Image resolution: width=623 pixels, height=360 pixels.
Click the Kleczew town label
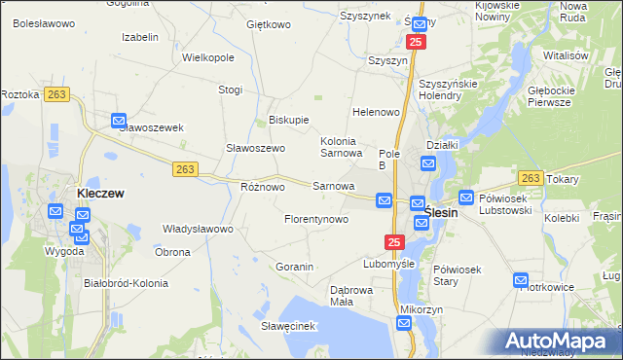[100, 194]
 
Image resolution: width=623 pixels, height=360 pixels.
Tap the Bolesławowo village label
[43, 22]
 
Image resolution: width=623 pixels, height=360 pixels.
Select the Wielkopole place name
[208, 57]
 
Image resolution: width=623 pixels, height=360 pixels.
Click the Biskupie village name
[288, 121]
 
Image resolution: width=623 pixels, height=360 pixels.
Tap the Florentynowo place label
[316, 220]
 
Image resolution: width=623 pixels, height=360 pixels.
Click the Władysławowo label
[198, 230]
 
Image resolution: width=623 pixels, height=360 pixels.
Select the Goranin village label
[294, 266]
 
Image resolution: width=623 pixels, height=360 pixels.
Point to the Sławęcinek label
[290, 326]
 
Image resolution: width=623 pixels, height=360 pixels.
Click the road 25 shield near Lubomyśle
[393, 242]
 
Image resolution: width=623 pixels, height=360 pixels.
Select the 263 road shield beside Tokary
[531, 178]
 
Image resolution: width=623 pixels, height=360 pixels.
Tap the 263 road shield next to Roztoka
[56, 94]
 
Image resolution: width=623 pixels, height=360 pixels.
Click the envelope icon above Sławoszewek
[119, 122]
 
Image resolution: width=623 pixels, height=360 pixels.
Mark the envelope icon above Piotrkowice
[522, 280]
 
